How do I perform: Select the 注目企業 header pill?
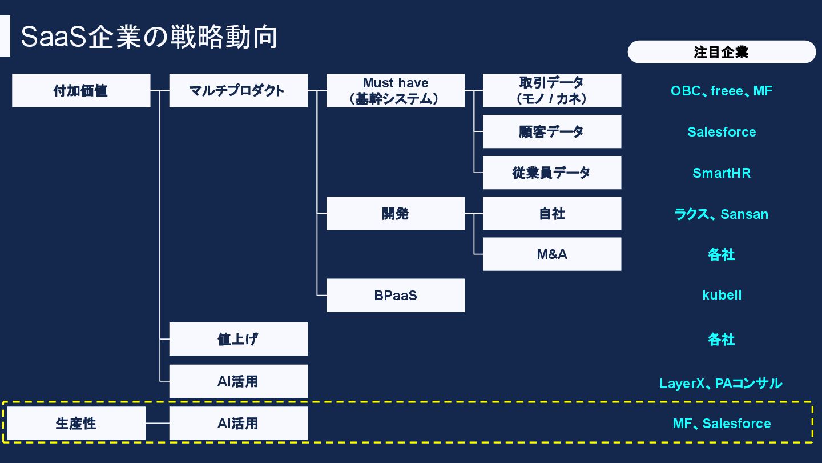pyautogui.click(x=721, y=52)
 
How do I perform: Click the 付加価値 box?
pyautogui.click(x=81, y=90)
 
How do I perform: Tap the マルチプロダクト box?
pyautogui.click(x=238, y=90)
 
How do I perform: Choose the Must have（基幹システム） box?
pyautogui.click(x=395, y=90)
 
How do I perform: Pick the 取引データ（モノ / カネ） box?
pyautogui.click(x=551, y=90)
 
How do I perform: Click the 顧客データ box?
pyautogui.click(x=551, y=131)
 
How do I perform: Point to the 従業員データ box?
pyautogui.click(x=551, y=173)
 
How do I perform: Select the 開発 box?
pyautogui.click(x=395, y=214)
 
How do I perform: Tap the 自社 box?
pyautogui.click(x=551, y=214)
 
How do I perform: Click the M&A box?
pyautogui.click(x=551, y=254)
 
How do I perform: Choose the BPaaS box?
pyautogui.click(x=395, y=296)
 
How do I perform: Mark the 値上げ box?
pyautogui.click(x=238, y=339)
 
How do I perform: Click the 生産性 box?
pyautogui.click(x=76, y=424)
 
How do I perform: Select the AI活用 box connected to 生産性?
pyautogui.click(x=238, y=424)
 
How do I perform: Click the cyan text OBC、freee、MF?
pyautogui.click(x=721, y=91)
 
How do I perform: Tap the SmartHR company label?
pyautogui.click(x=721, y=173)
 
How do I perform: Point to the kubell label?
pyautogui.click(x=722, y=295)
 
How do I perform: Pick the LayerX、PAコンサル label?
pyautogui.click(x=720, y=383)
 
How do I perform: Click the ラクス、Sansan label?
pyautogui.click(x=721, y=214)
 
